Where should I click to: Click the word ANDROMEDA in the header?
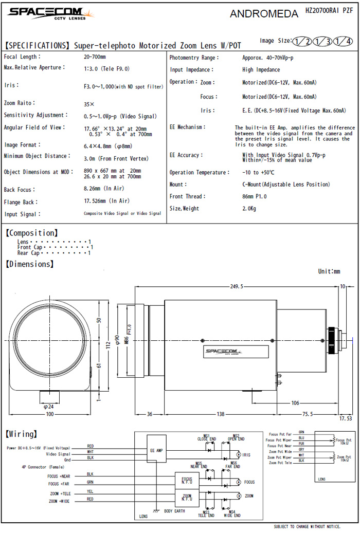tap(264, 14)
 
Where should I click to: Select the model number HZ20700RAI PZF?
tap(329, 10)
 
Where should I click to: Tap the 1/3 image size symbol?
tap(322, 42)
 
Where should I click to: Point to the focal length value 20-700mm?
tap(94, 57)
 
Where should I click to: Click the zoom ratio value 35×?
tap(89, 104)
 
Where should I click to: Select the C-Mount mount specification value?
tap(285, 185)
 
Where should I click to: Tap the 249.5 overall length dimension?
tap(237, 286)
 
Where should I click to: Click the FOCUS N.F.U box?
tap(187, 480)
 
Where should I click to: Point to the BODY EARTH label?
tap(174, 512)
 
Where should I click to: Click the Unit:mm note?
tap(329, 271)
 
